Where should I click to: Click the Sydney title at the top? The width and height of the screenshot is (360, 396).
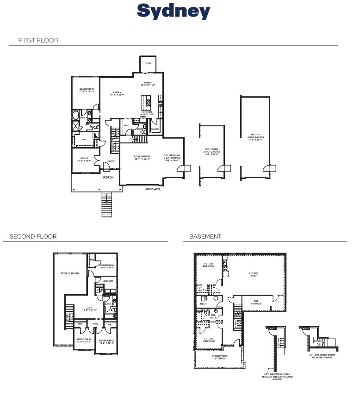click(x=174, y=12)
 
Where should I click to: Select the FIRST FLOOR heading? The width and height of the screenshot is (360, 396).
click(x=38, y=40)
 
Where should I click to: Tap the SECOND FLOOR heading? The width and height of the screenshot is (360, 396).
click(x=33, y=236)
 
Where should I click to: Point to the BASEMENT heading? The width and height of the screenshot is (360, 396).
click(x=205, y=236)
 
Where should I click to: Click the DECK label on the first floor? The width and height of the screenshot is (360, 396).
click(x=148, y=63)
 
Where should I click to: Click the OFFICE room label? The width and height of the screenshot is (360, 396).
click(x=84, y=159)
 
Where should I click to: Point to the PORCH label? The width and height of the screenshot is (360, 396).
click(x=108, y=177)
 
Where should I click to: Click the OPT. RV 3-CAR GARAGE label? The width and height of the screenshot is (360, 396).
click(x=254, y=136)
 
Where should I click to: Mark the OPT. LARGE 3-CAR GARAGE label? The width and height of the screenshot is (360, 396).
click(x=211, y=151)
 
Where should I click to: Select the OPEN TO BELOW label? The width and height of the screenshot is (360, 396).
click(x=70, y=273)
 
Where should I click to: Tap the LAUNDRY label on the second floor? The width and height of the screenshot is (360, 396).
click(x=108, y=281)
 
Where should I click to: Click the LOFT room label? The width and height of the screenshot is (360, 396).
click(x=89, y=309)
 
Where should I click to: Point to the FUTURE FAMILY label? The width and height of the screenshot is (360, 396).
click(x=254, y=274)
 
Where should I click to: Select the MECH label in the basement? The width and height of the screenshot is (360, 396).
click(x=204, y=298)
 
